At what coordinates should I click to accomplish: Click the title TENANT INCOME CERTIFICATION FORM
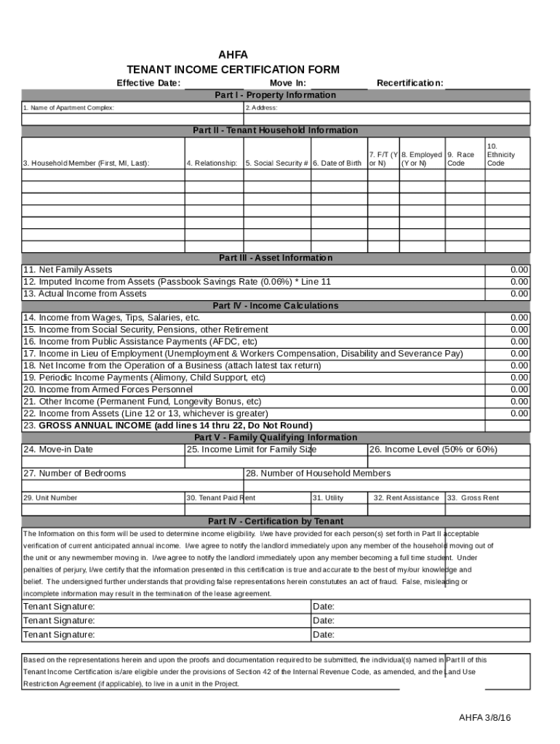click(x=233, y=70)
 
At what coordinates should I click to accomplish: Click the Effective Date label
click(x=148, y=83)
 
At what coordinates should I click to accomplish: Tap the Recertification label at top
click(x=409, y=83)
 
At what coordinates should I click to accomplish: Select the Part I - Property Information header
click(x=275, y=95)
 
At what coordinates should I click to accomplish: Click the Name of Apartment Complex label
click(x=68, y=108)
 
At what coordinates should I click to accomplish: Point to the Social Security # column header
click(x=276, y=163)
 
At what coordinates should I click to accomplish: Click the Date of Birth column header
click(x=337, y=163)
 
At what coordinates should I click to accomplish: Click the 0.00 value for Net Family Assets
click(x=519, y=270)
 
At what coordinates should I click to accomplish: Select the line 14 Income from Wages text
click(x=111, y=318)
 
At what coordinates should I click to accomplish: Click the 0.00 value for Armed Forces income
click(x=519, y=389)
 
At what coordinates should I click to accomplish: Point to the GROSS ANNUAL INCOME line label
click(x=167, y=425)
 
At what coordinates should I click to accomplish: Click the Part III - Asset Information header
click(x=275, y=258)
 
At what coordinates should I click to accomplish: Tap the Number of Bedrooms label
click(x=74, y=473)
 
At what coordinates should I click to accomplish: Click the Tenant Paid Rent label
click(x=220, y=498)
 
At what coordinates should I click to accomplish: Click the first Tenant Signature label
click(x=59, y=607)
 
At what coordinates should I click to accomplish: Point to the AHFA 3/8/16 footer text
click(x=484, y=718)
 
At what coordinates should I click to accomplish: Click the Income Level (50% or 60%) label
click(x=433, y=449)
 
